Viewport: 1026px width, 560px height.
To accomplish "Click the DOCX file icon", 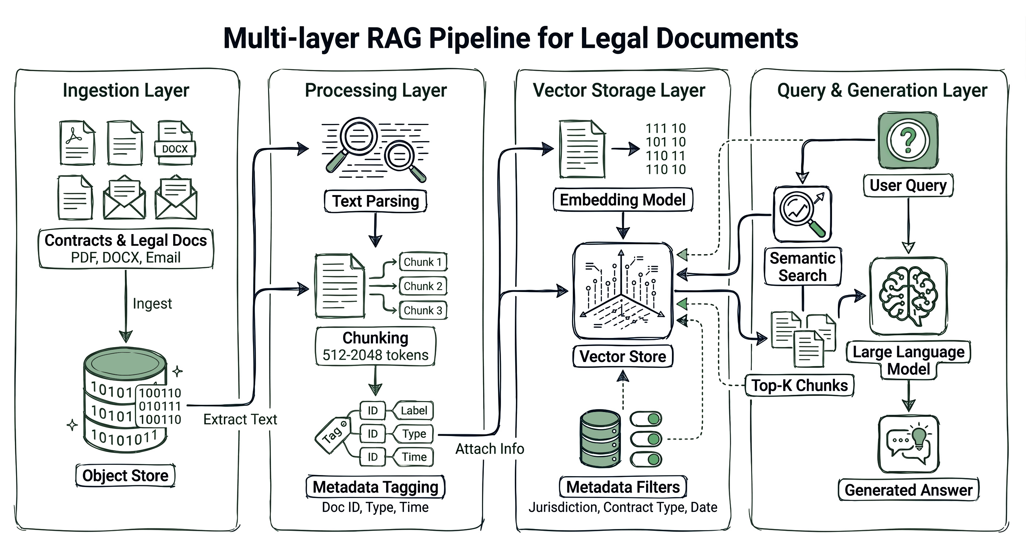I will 175,143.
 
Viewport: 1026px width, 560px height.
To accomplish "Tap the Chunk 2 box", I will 423,286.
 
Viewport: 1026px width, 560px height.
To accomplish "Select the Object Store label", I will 125,475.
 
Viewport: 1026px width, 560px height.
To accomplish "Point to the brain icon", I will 908,296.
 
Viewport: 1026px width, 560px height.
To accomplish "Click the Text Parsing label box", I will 376,201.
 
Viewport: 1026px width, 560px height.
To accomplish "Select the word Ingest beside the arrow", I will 152,303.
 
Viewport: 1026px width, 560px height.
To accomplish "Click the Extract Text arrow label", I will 240,419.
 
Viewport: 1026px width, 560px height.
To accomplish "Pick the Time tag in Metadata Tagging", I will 414,457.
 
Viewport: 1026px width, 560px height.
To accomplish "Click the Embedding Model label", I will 622,199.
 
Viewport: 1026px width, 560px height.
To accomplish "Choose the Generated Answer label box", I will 908,490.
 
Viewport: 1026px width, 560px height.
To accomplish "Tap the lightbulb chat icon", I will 909,444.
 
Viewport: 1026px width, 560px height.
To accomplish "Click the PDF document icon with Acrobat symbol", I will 77,143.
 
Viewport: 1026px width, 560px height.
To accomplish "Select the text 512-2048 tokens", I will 375,355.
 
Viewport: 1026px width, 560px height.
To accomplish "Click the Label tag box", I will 414,411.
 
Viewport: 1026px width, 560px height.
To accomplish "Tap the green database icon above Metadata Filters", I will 600,439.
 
